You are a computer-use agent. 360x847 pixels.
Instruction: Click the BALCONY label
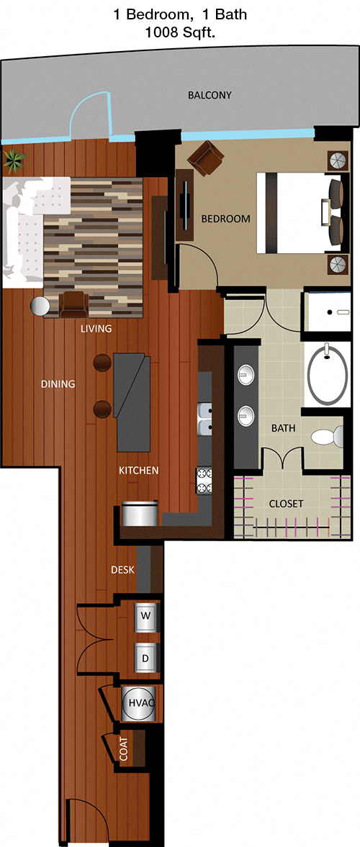pos(210,95)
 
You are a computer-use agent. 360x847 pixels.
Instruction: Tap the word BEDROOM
pos(225,219)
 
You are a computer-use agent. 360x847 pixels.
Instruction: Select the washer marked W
pos(146,615)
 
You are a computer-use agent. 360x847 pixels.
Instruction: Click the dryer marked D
pos(146,657)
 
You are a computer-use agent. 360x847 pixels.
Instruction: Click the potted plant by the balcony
pos(14,159)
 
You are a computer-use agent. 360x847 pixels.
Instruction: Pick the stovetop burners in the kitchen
pos(204,481)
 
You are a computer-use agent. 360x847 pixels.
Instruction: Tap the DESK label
pos(122,569)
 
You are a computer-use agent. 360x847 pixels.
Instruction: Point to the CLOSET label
pos(286,504)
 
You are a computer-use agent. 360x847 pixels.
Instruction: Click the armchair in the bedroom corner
pos(205,158)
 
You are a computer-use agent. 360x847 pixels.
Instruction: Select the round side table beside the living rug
pos(39,307)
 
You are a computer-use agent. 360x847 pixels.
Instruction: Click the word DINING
pos(58,384)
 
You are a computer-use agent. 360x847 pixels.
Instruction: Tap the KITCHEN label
pos(139,470)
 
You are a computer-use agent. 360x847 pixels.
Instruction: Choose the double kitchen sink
pos(205,419)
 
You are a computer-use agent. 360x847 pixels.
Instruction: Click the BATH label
pos(283,428)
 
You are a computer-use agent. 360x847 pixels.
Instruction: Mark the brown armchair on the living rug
pos(73,304)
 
